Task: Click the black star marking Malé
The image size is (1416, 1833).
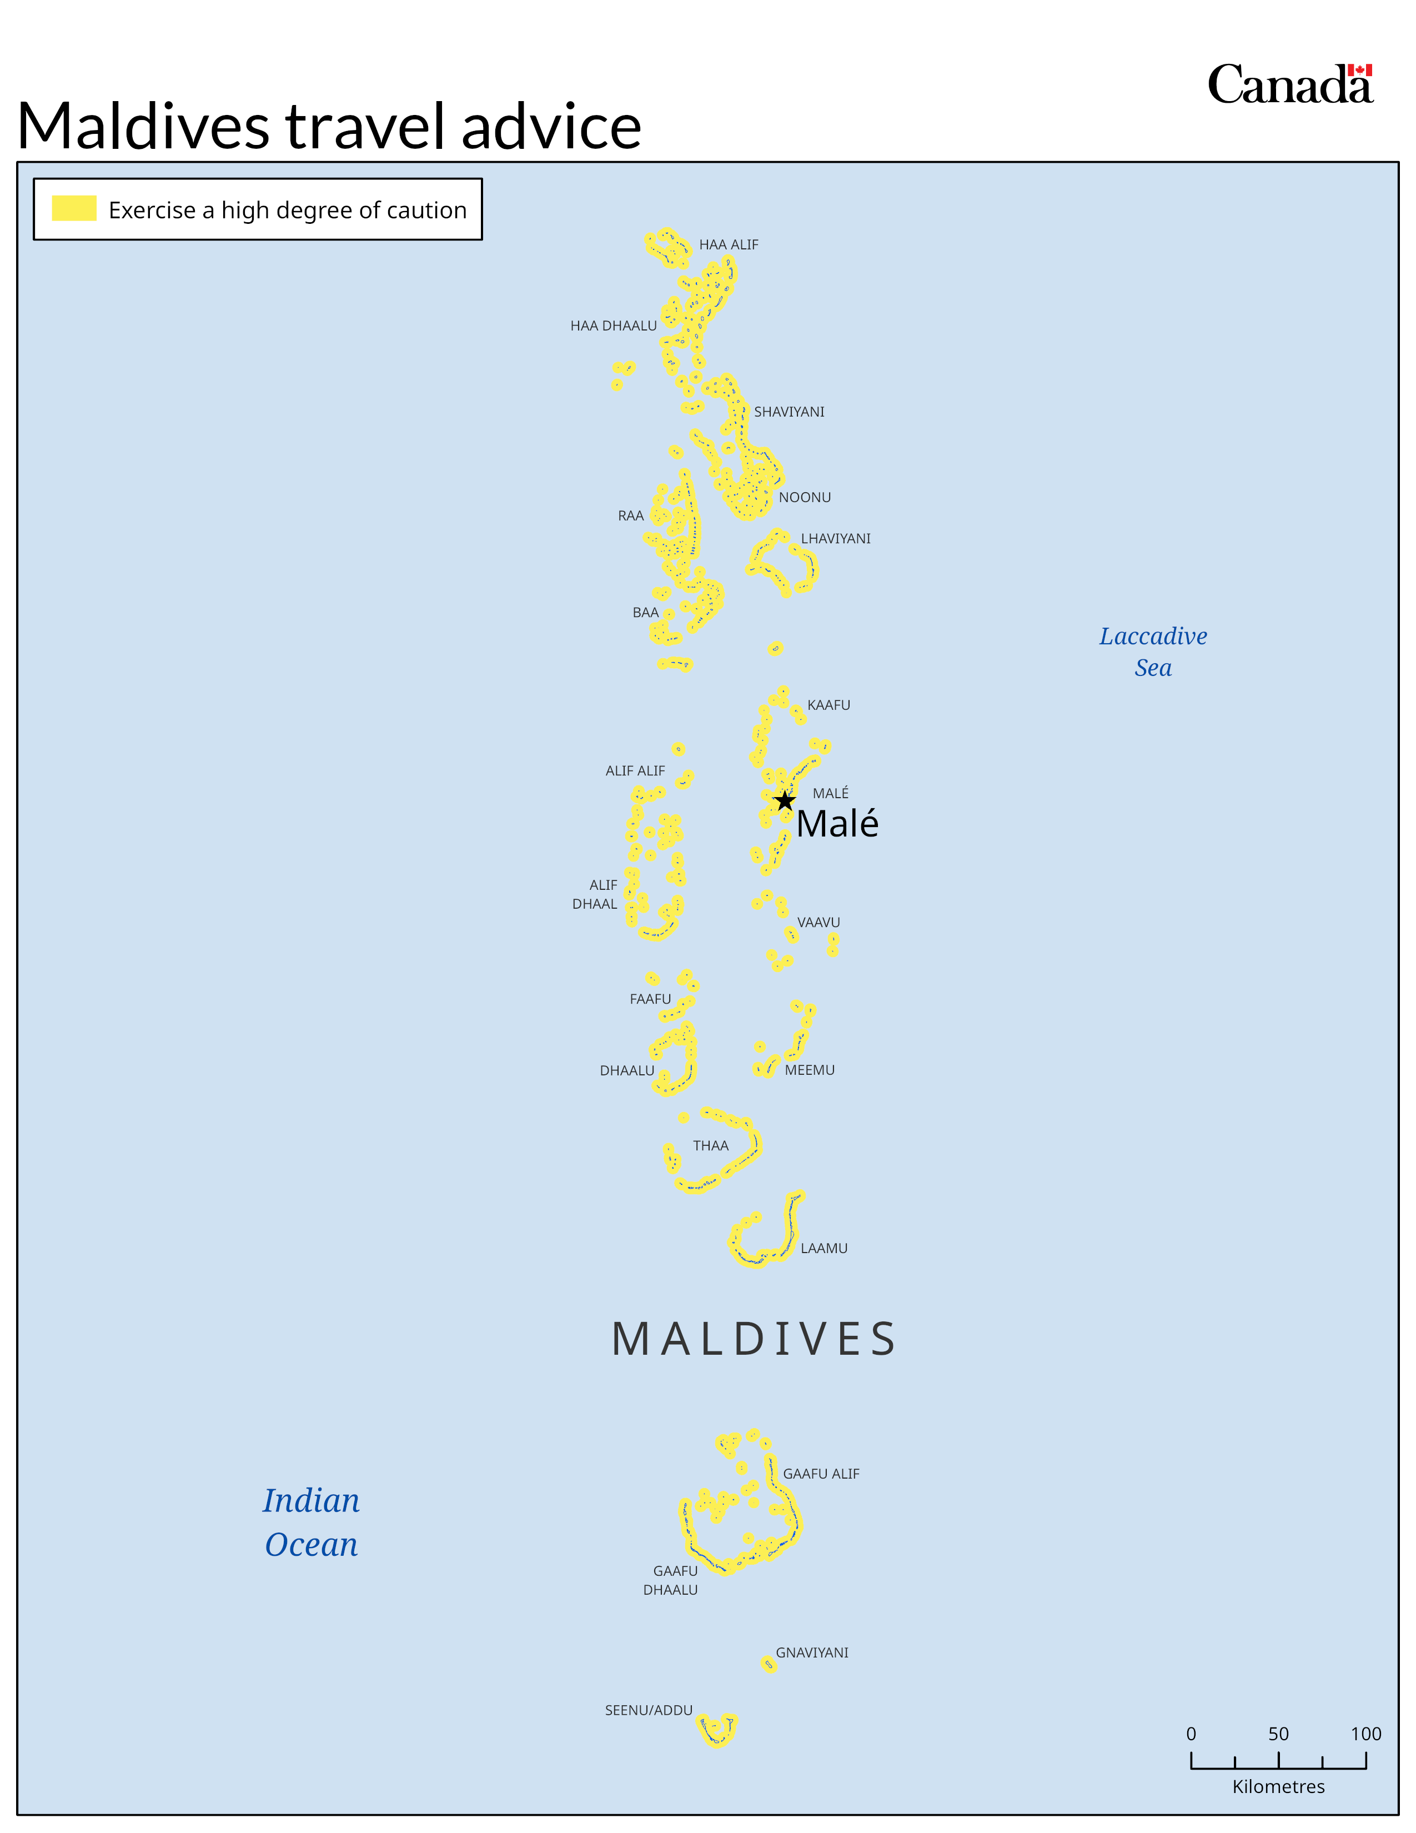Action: tap(784, 800)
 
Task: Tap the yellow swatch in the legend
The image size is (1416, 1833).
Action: tap(74, 208)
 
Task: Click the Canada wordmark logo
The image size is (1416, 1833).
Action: tap(1289, 85)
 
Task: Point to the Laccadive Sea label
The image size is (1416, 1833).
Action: tap(1153, 652)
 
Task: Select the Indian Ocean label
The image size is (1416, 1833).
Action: tap(311, 1521)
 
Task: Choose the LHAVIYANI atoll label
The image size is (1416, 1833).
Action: tap(836, 539)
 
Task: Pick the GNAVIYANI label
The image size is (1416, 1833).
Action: tap(811, 1652)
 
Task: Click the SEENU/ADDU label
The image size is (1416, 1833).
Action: tap(649, 1710)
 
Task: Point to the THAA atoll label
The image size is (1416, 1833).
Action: tap(711, 1145)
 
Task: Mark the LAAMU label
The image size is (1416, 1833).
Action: tap(824, 1249)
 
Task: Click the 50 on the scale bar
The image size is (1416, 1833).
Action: tap(1278, 1734)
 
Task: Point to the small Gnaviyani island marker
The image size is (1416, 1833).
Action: tap(769, 1664)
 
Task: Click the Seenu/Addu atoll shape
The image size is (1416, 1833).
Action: tap(718, 1730)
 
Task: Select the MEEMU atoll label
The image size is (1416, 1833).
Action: tap(810, 1070)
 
